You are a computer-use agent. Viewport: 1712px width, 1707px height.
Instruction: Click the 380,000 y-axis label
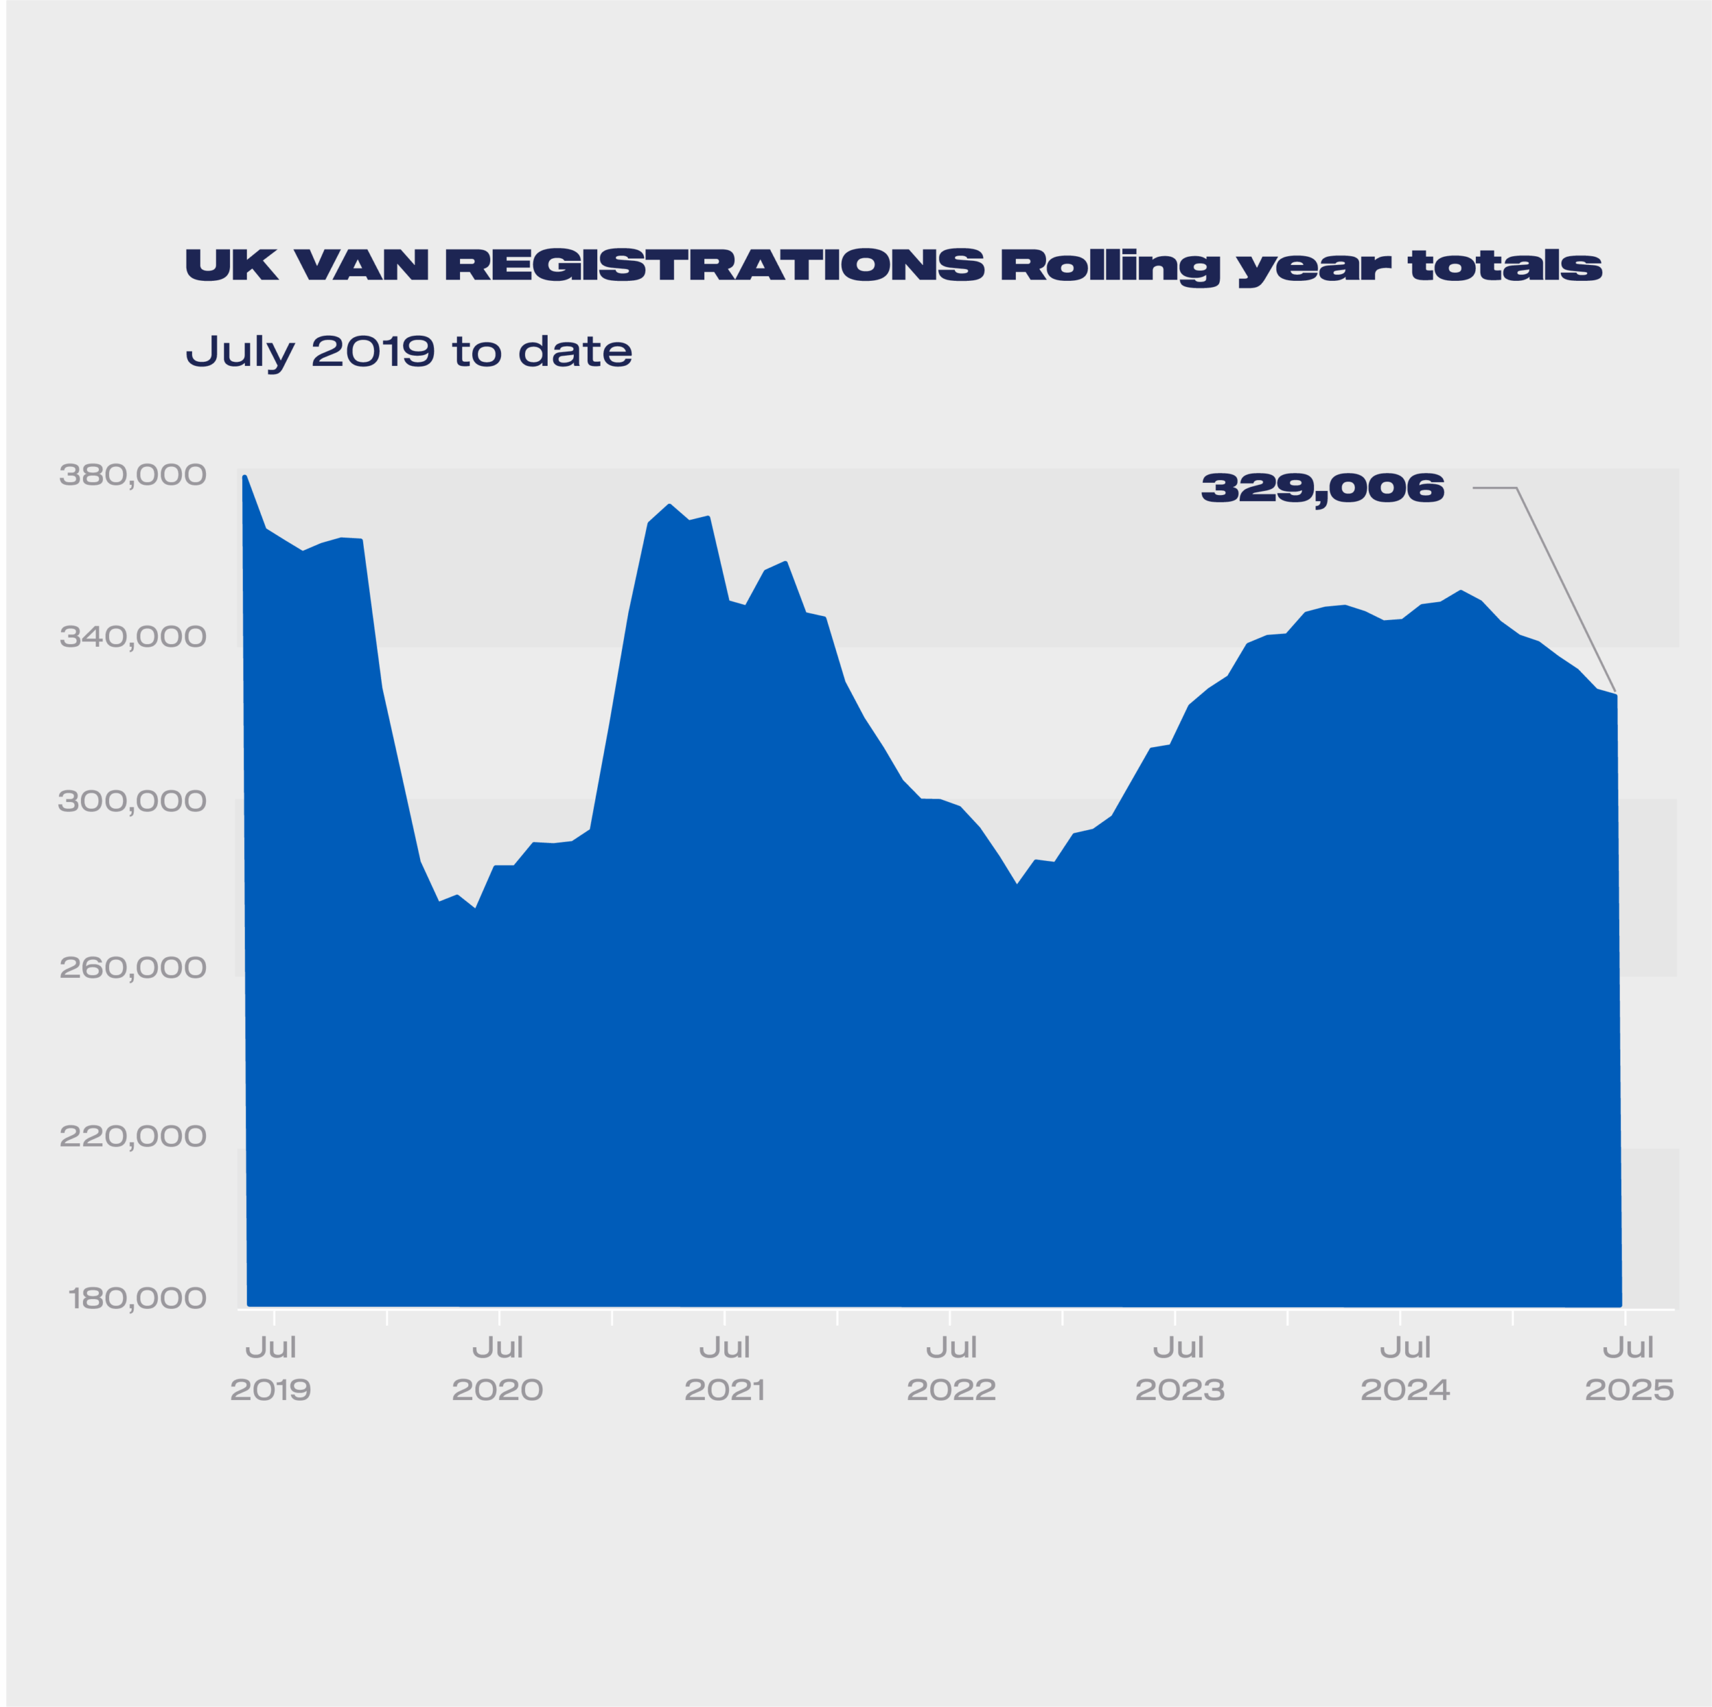pyautogui.click(x=133, y=476)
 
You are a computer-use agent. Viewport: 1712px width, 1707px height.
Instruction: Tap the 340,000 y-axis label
pyautogui.click(x=133, y=637)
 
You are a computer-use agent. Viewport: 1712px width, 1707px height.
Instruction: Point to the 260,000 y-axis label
pyautogui.click(x=133, y=968)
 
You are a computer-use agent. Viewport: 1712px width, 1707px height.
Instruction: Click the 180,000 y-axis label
pyautogui.click(x=137, y=1299)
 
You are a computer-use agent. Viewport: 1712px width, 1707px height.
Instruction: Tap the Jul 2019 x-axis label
pyautogui.click(x=270, y=1369)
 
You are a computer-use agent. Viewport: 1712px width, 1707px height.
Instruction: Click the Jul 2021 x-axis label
pyautogui.click(x=724, y=1369)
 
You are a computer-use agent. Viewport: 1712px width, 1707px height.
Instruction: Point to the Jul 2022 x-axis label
pyautogui.click(x=951, y=1369)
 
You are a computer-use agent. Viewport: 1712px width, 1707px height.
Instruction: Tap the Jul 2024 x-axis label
pyautogui.click(x=1406, y=1369)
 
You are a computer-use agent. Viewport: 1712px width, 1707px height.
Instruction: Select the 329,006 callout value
pyautogui.click(x=1322, y=488)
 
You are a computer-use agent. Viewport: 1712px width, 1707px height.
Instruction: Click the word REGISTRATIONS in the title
pyautogui.click(x=714, y=265)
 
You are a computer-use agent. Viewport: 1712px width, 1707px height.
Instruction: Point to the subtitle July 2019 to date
pyautogui.click(x=409, y=353)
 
